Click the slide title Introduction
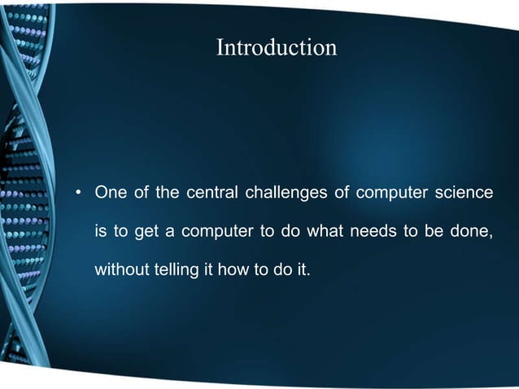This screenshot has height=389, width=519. (276, 48)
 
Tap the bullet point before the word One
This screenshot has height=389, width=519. (79, 194)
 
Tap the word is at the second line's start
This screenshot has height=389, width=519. (102, 232)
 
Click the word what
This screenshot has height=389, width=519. (323, 232)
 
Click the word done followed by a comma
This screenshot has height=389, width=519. (473, 232)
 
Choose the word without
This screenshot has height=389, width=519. (121, 270)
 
